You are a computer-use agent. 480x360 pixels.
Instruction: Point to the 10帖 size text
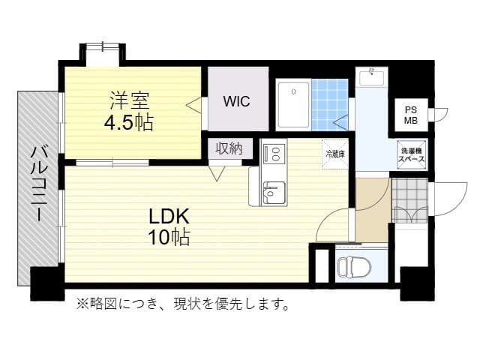(168, 238)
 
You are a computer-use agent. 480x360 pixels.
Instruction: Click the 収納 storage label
(229, 148)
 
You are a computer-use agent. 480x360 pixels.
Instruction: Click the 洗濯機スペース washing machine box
(412, 155)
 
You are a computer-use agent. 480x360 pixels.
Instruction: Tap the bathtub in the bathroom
(293, 105)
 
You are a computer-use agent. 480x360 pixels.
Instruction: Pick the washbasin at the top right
(371, 78)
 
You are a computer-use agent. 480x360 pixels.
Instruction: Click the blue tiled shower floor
(329, 105)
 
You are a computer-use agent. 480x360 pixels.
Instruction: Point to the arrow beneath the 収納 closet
(217, 174)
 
